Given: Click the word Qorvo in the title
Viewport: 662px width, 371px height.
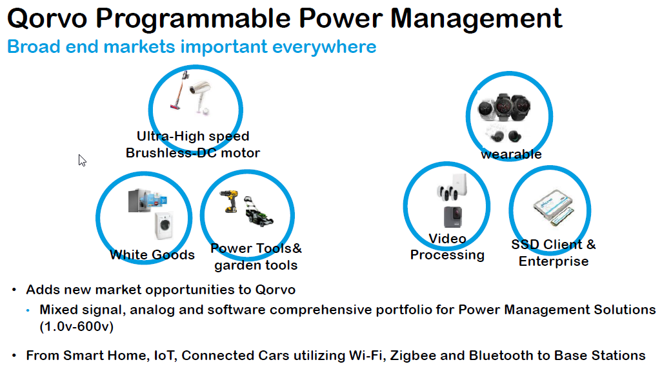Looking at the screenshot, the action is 47,19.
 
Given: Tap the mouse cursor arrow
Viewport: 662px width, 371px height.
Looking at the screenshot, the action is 83,161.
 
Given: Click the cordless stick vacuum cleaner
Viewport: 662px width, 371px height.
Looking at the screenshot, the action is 179,90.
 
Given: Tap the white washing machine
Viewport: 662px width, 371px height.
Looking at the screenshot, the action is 165,225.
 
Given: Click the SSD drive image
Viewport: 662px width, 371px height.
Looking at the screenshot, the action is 554,208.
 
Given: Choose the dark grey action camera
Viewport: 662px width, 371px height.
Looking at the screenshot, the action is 452,217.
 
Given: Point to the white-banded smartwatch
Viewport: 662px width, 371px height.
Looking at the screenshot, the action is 486,109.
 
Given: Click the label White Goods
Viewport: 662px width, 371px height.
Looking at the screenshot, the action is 152,255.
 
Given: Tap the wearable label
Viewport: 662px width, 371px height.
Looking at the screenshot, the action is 511,154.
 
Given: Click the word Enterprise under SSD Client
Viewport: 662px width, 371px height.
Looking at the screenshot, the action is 554,261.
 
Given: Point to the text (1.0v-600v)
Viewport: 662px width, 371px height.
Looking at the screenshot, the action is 76,326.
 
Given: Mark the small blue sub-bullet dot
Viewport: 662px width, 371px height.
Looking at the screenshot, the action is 28,310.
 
